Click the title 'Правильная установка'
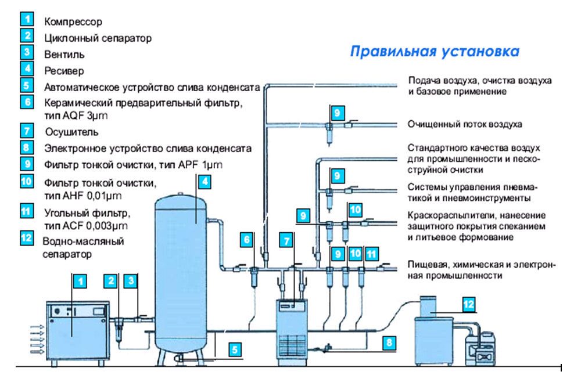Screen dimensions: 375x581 (x=434, y=52)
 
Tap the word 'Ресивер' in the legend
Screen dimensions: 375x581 (x=64, y=71)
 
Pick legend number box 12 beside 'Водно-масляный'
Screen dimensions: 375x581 (x=27, y=238)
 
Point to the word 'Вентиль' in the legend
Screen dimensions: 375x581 (x=64, y=55)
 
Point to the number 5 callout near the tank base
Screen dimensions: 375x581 (x=234, y=349)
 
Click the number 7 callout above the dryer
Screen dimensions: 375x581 (x=285, y=239)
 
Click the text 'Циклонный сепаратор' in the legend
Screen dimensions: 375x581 (x=98, y=38)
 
